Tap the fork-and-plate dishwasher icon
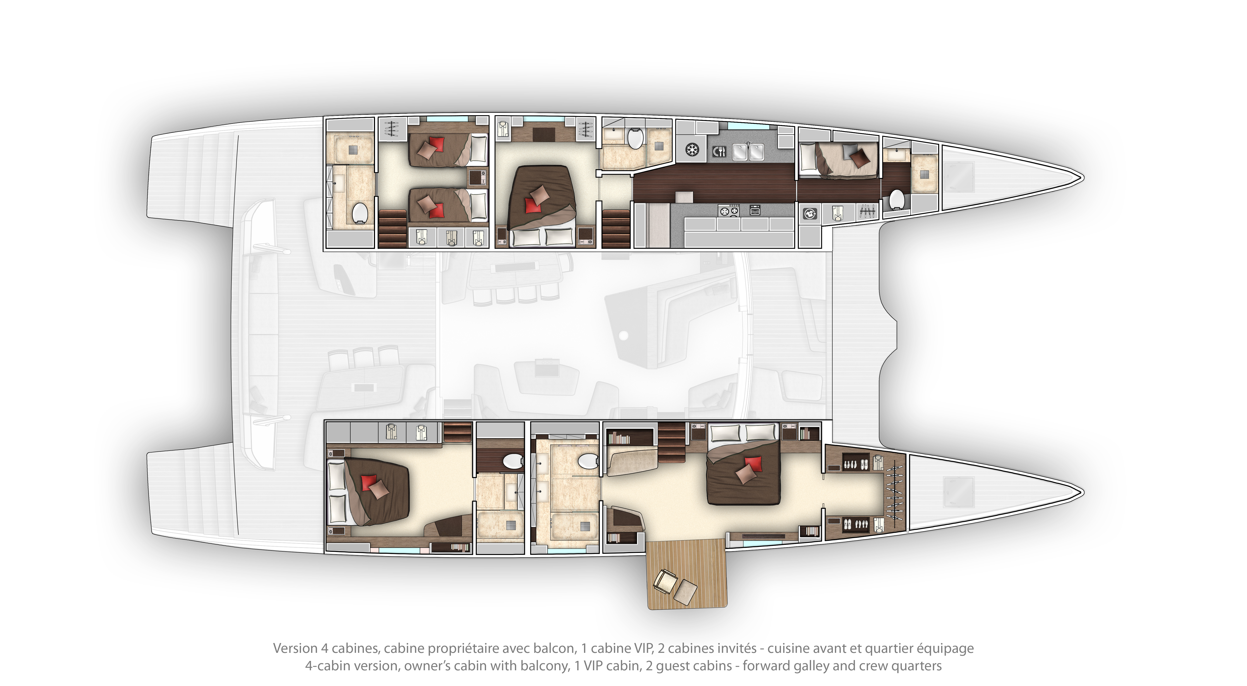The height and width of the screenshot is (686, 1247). (719, 151)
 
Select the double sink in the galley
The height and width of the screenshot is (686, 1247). (748, 151)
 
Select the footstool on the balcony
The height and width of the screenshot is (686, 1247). (685, 592)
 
